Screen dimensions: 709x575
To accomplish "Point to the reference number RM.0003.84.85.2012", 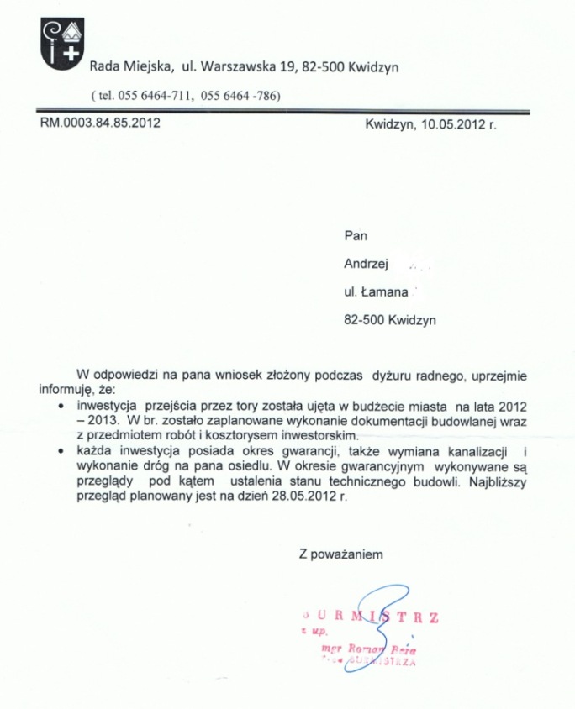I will point(100,123).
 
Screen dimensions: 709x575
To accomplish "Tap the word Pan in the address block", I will point(356,236).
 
